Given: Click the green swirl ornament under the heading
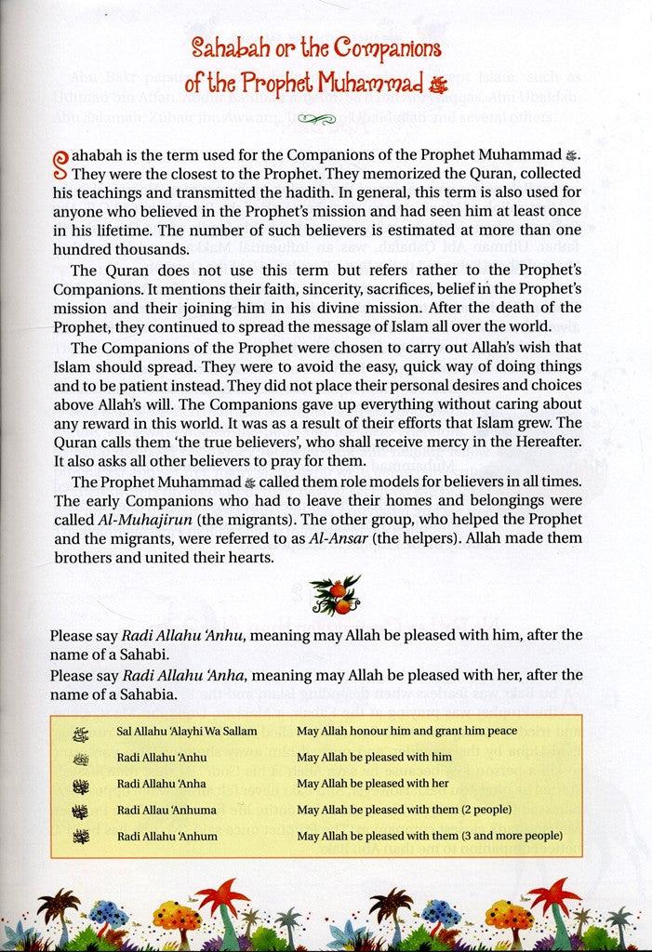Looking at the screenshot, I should click(x=325, y=118).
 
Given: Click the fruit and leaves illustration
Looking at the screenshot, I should click(x=325, y=590).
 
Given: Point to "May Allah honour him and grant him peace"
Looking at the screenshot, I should click(x=407, y=731).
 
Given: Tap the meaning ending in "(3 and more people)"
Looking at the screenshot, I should click(x=429, y=836).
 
